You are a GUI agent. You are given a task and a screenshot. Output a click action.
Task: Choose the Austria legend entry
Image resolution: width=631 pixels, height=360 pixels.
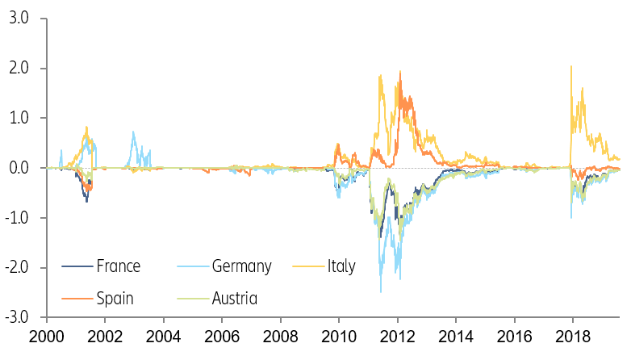point(234,299)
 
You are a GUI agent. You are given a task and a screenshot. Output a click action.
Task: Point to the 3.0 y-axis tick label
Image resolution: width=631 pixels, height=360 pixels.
point(18,18)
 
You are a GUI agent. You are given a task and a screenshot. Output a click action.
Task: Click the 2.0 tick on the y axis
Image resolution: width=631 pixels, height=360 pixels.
point(18,68)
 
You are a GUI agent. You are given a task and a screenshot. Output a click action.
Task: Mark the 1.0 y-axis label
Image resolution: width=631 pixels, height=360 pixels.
point(18,118)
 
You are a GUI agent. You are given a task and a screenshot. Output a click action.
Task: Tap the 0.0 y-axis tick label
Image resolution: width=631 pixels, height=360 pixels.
point(18,168)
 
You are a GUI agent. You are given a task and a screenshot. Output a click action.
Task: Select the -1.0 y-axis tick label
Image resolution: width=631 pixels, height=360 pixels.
point(15,218)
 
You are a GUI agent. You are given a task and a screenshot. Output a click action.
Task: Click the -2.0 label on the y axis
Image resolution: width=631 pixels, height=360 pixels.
point(15,268)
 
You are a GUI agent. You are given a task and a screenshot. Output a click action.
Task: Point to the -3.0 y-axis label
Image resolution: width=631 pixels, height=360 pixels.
point(15,317)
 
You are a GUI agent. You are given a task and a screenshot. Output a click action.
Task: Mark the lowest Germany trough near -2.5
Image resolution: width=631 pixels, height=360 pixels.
point(381,291)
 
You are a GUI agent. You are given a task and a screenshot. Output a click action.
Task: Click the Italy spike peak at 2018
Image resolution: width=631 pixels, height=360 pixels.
point(571,66)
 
